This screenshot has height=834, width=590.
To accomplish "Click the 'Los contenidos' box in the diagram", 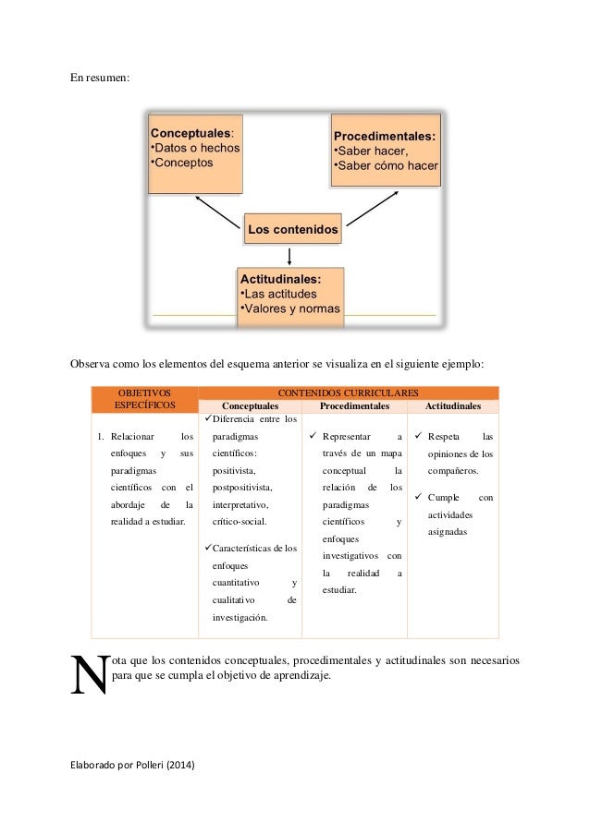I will click(x=292, y=227).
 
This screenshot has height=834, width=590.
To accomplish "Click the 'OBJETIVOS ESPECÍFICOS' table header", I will click(x=144, y=399).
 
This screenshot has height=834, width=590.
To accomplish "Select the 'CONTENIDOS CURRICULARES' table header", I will click(x=349, y=393).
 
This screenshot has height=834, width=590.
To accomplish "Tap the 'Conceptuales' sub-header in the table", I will click(x=250, y=406).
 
